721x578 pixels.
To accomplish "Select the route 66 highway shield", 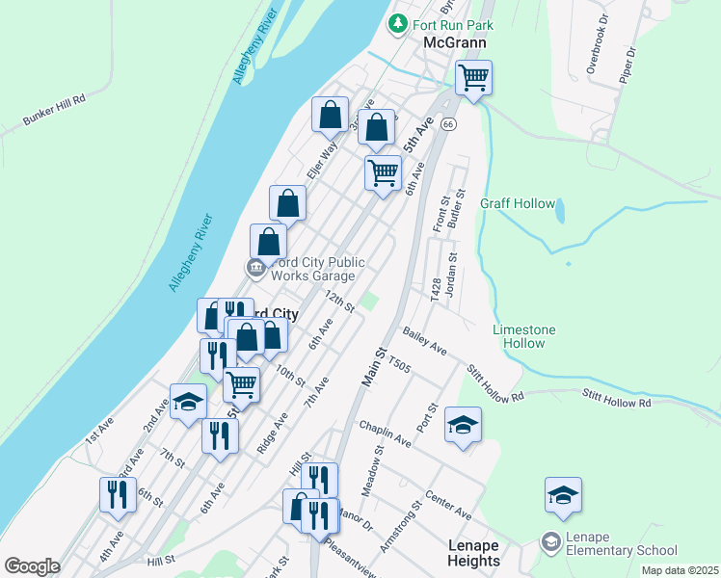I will point(448,124).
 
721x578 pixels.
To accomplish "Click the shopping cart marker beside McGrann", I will point(473,77).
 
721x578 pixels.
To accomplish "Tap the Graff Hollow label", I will point(518,203).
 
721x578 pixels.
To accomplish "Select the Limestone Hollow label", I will point(524,336).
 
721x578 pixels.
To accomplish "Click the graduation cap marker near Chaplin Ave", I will point(463,424).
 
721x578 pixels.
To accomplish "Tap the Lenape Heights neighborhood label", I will point(474,553).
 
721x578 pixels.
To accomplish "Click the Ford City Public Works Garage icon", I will point(255,268).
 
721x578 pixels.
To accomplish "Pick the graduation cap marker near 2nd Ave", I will point(188,401).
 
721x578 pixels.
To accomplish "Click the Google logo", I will point(32,566).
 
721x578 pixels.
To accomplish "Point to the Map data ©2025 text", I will point(679,570).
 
